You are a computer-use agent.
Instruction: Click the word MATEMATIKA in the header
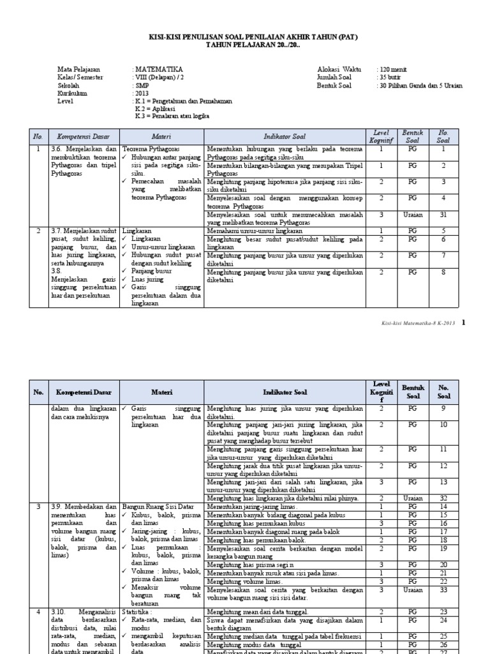tap(159, 69)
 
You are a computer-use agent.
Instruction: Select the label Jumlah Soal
tap(334, 77)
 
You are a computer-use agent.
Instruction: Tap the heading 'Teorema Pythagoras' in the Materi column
tap(152, 148)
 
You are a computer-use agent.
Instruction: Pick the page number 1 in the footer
tap(464, 323)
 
